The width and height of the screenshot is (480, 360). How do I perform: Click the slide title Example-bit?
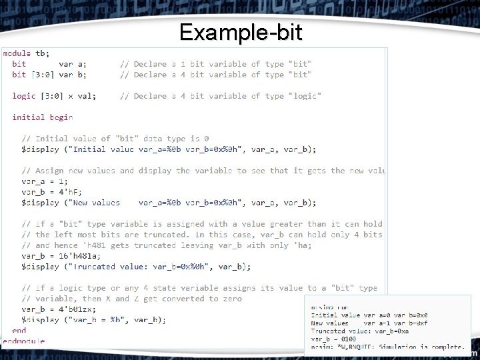[x=239, y=31]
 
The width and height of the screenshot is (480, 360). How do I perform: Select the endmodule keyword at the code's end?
[x=23, y=341]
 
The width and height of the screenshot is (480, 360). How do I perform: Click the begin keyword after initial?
[x=61, y=117]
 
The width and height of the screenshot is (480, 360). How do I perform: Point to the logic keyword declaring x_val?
[x=24, y=96]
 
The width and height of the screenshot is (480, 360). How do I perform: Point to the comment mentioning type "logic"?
[x=220, y=96]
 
